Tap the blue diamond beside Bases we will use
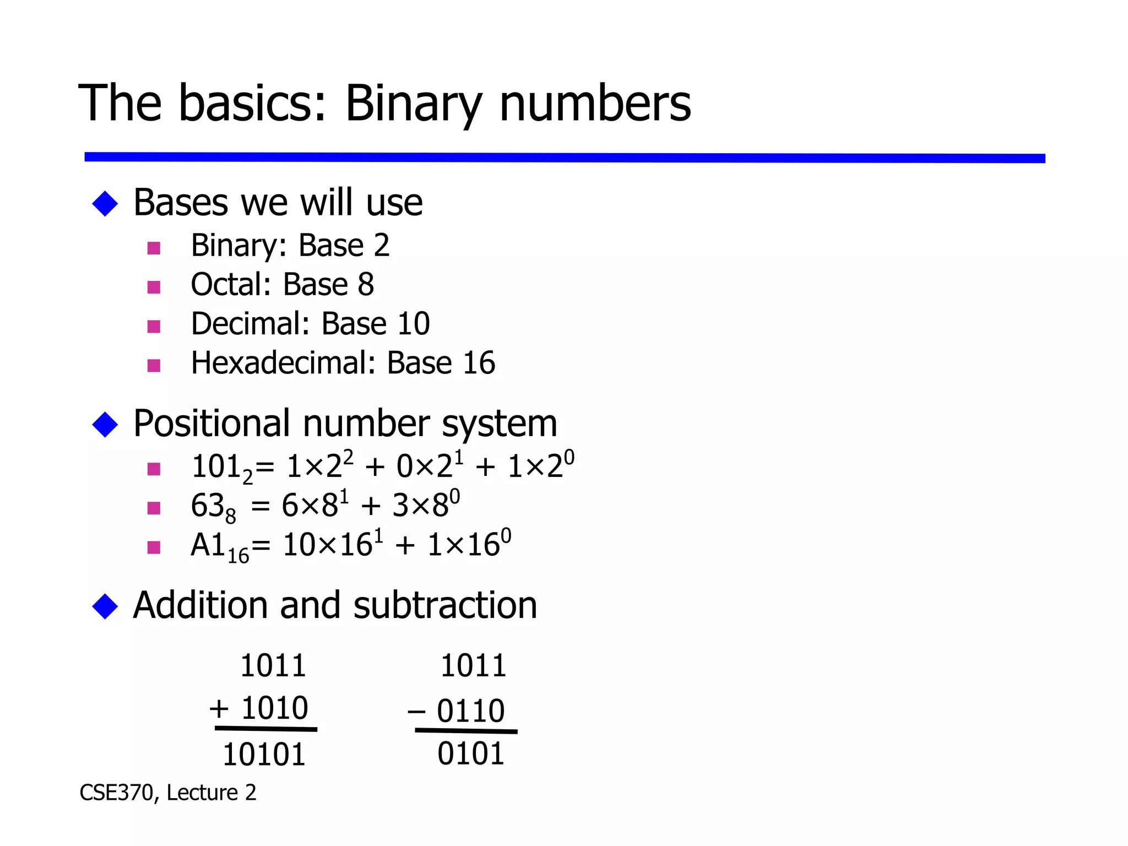[x=105, y=204]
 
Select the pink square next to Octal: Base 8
[x=154, y=287]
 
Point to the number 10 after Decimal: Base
[x=413, y=324]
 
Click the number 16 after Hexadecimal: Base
[x=479, y=363]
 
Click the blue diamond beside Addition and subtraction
[x=105, y=606]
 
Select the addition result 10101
[x=264, y=755]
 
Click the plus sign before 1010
[x=219, y=708]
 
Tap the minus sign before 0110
[x=416, y=712]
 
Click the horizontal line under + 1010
[x=266, y=729]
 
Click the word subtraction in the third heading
[x=445, y=605]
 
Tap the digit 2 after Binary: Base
[x=381, y=246]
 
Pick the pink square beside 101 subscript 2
[x=154, y=469]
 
